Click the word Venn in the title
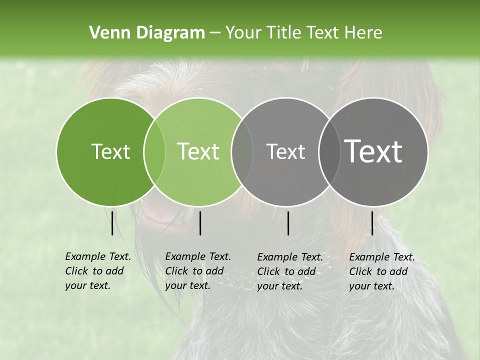(105, 33)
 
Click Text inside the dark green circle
(110, 151)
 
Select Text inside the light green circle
(198, 151)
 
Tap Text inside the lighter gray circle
(285, 151)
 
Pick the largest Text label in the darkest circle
(373, 151)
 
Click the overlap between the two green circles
(154, 151)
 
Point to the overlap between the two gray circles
(329, 151)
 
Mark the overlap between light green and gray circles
(242, 151)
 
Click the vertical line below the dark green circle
(112, 223)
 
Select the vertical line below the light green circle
(200, 223)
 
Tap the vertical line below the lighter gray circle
(288, 223)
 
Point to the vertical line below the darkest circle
(372, 223)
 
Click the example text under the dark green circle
(97, 271)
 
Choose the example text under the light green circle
(197, 271)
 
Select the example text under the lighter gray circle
(289, 271)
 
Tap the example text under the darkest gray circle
(381, 271)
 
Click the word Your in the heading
(243, 33)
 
